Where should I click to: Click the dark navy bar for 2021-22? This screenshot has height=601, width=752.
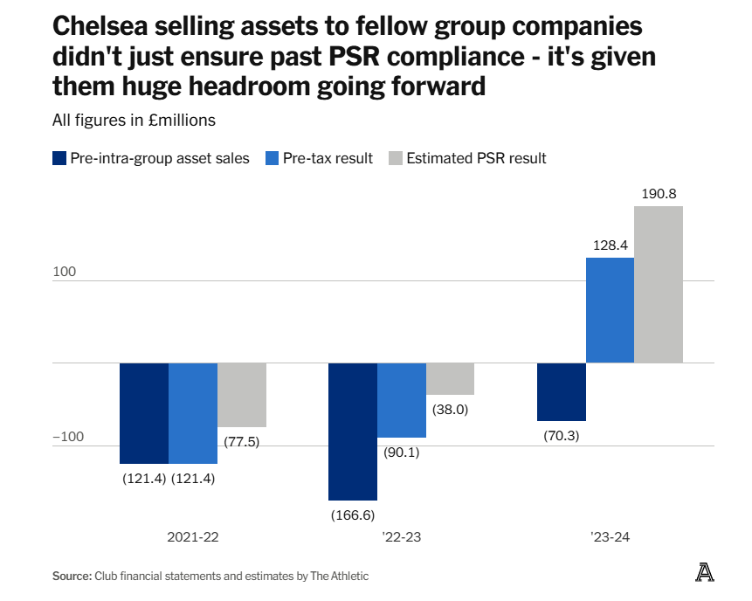pyautogui.click(x=144, y=413)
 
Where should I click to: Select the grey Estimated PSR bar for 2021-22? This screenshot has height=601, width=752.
pyautogui.click(x=242, y=395)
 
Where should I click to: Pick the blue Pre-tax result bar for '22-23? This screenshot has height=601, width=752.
pyautogui.click(x=402, y=400)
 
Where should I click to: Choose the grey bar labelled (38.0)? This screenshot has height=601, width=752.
pyautogui.click(x=450, y=379)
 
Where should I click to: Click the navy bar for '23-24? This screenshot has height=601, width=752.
pyautogui.click(x=561, y=392)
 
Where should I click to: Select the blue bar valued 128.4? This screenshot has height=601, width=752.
pyautogui.click(x=610, y=310)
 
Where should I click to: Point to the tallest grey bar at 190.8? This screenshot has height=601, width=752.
pyautogui.click(x=659, y=285)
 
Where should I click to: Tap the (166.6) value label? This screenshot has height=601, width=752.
pyautogui.click(x=353, y=515)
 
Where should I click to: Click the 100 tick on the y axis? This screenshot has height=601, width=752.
pyautogui.click(x=65, y=272)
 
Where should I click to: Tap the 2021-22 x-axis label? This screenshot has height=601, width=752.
pyautogui.click(x=192, y=538)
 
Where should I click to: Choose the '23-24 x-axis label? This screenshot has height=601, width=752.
pyautogui.click(x=610, y=538)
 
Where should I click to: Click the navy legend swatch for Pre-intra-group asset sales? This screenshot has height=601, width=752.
pyautogui.click(x=59, y=158)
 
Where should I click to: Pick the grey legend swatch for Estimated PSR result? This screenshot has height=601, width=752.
pyautogui.click(x=396, y=158)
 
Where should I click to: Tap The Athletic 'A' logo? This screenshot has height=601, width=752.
pyautogui.click(x=704, y=572)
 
